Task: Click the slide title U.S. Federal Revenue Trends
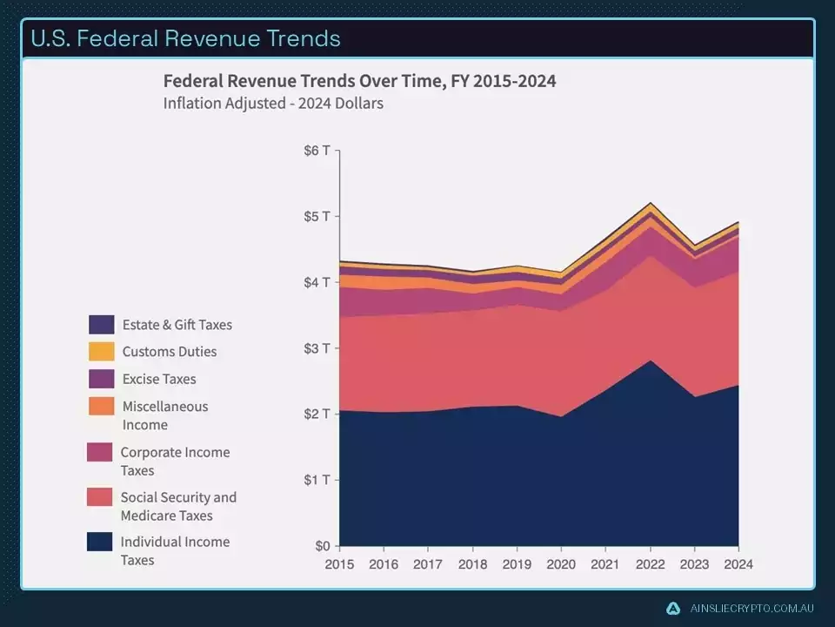click(185, 38)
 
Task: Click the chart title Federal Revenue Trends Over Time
click(359, 81)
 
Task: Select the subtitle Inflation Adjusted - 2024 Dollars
click(273, 103)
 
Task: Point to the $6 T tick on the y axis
click(317, 150)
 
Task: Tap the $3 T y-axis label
click(317, 347)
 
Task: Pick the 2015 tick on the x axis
click(339, 564)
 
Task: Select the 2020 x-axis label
click(561, 564)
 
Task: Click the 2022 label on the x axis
click(650, 564)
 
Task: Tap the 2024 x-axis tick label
click(738, 564)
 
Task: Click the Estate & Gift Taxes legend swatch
click(101, 325)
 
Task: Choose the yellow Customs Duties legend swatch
click(101, 352)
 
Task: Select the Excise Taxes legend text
click(159, 379)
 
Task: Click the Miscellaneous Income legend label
click(164, 415)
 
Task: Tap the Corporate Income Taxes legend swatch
click(99, 452)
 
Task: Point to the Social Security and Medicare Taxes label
click(178, 506)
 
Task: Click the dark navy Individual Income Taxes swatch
click(99, 542)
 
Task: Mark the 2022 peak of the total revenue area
click(650, 203)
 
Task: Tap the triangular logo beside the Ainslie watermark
click(672, 609)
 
